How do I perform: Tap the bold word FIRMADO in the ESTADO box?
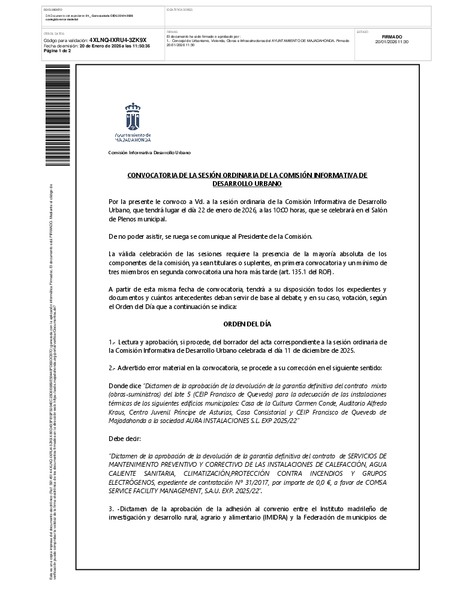tap(392, 37)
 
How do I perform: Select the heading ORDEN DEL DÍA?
tap(247, 324)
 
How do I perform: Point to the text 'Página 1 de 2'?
tap(58, 51)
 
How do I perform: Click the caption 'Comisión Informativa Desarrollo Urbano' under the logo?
tap(149, 152)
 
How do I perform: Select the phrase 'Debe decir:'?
tap(124, 439)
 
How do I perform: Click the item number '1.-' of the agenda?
tap(112, 341)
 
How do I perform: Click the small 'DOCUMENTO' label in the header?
tap(53, 10)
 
